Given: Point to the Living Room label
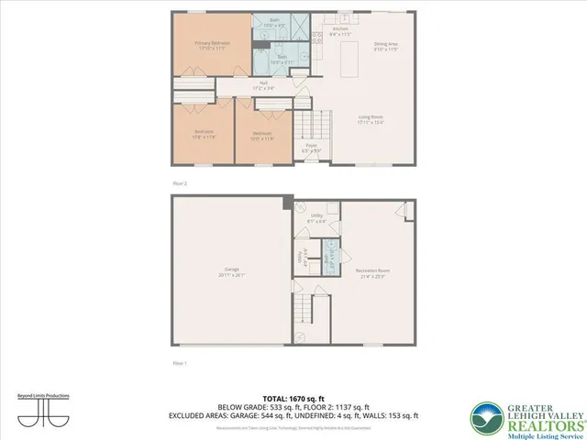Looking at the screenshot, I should pos(369,117).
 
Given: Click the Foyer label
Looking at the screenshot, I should pos(311,147).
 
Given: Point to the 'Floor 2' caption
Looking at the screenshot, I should pos(180,181).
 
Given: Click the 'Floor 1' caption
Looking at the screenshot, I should pos(180,363).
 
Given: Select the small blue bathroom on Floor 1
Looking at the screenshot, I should pos(323,256).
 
